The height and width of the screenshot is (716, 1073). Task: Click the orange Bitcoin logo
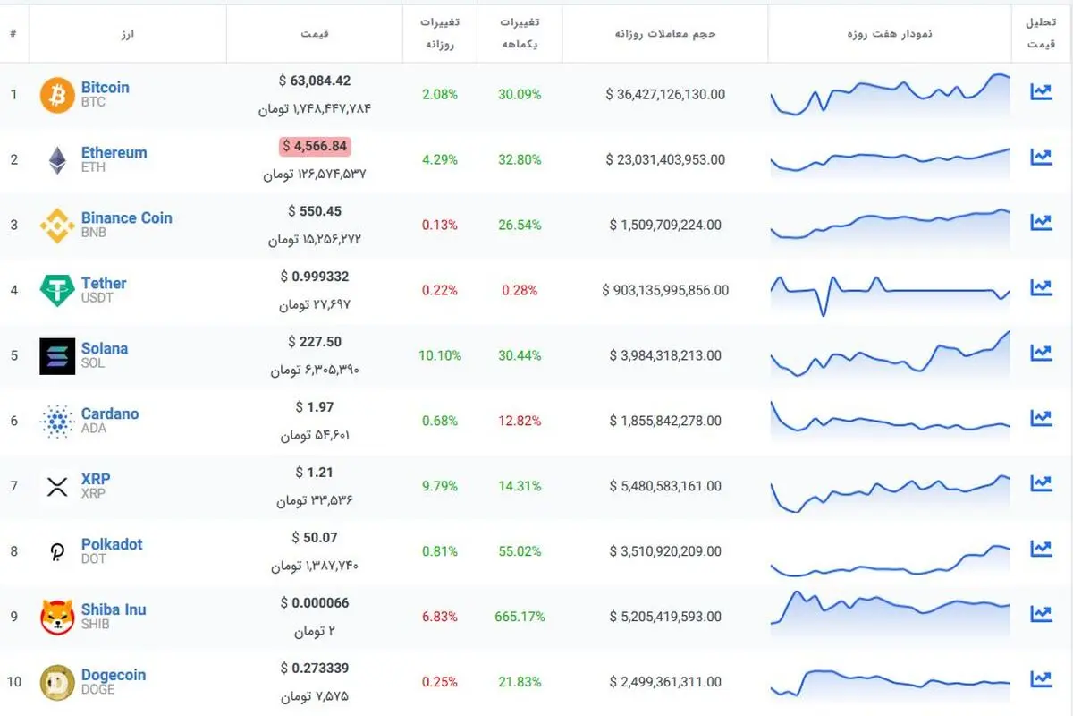coord(57,95)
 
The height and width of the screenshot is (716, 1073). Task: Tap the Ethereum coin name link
coord(114,152)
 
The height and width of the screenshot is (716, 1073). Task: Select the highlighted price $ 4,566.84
coord(315,146)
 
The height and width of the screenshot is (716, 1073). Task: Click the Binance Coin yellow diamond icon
coord(57,226)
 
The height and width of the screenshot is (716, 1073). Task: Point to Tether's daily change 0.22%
coord(439,290)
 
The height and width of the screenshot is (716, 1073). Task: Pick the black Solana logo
coord(57,356)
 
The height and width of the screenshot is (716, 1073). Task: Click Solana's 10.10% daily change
coord(439,355)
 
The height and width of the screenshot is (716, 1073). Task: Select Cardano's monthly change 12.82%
coord(520,421)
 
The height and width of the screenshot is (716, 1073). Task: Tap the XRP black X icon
coord(57,487)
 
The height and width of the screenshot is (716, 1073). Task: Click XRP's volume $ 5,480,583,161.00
coord(665,486)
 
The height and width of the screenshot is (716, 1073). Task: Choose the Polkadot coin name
coord(112,544)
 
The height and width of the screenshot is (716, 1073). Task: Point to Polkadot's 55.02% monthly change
coord(520,551)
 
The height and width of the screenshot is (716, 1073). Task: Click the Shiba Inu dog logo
coord(57,617)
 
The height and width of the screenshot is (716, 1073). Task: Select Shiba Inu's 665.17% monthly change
coord(520,617)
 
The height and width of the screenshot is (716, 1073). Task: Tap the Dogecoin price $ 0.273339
coord(315,668)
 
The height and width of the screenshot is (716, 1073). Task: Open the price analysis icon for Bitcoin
coord(1041,91)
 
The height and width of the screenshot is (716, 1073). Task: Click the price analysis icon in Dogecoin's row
coord(1041,678)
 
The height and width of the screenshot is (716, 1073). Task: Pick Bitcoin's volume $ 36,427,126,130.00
coord(665,95)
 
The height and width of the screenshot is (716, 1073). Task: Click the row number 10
coord(14,681)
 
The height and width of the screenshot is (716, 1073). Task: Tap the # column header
coord(13,33)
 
